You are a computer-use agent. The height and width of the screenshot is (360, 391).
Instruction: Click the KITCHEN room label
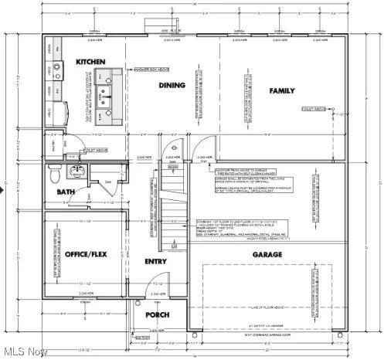pos(90,61)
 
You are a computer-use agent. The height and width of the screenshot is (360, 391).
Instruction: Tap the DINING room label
pos(171,86)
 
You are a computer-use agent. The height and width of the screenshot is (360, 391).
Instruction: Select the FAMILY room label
pos(281,91)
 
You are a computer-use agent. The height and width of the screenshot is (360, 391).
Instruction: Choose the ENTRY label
pos(155,261)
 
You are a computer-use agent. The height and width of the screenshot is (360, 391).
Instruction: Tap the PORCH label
pos(157,314)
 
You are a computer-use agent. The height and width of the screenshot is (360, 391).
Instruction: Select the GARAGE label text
pos(266,254)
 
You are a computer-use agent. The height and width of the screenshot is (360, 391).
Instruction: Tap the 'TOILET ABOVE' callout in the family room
pos(314,109)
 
